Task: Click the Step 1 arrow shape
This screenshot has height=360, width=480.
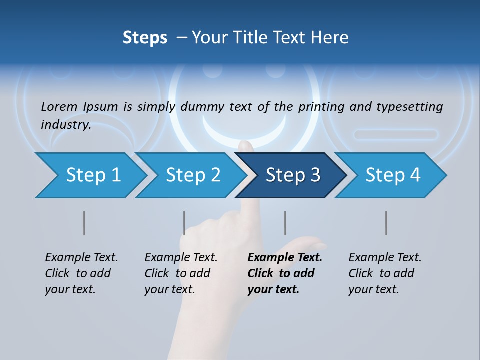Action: click(90, 175)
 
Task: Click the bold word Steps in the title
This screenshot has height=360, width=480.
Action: click(145, 38)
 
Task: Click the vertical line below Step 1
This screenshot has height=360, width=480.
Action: click(84, 223)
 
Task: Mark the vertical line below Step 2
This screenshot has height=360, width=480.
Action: click(184, 223)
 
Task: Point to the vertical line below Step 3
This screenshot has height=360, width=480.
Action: click(285, 223)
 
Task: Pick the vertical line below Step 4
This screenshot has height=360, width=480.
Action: click(386, 223)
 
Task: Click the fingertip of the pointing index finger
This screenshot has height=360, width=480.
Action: click(245, 145)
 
